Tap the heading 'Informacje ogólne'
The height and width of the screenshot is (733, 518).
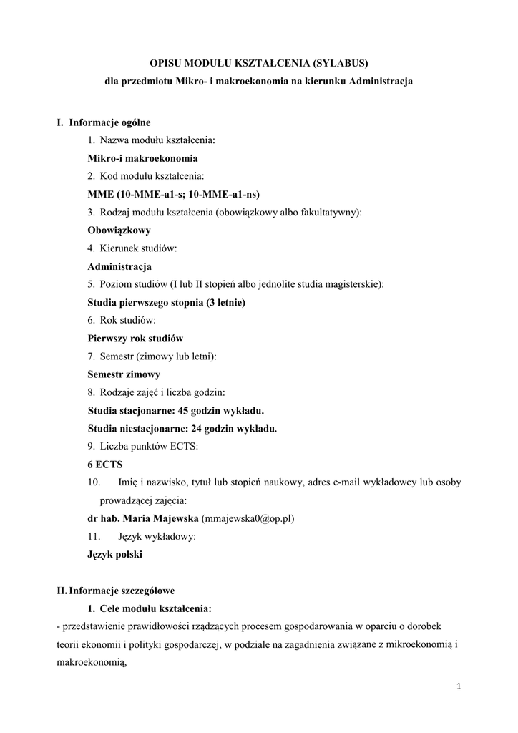pos(109,122)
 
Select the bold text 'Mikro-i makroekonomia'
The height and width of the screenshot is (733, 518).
pos(142,158)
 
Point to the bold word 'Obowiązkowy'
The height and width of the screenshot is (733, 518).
pos(119,230)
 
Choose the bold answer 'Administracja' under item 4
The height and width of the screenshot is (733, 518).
pos(119,266)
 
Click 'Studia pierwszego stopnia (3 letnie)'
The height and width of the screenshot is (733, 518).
pos(166,303)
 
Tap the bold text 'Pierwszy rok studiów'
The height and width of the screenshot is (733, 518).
pos(135,339)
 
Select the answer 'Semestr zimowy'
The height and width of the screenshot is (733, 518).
pos(124,374)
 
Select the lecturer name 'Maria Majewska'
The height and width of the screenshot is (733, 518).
pos(165,518)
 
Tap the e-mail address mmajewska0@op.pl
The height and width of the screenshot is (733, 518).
pos(249,518)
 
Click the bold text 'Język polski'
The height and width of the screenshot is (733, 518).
pos(114,554)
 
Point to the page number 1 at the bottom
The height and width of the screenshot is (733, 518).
pos(459,688)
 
